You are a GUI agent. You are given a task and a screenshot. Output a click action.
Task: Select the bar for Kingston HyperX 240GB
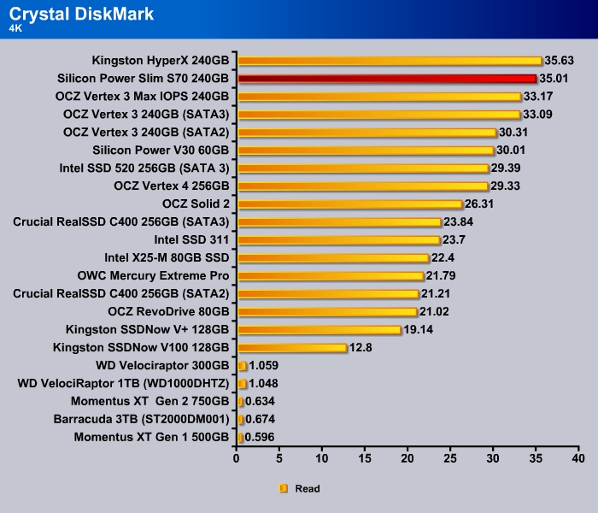click(x=390, y=61)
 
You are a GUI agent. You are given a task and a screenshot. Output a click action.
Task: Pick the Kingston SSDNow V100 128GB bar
click(x=292, y=348)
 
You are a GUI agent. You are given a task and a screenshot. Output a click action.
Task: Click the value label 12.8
click(x=361, y=348)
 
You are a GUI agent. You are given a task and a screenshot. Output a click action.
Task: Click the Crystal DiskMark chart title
click(x=81, y=14)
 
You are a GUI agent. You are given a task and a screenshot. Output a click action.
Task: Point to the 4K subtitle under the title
click(x=17, y=28)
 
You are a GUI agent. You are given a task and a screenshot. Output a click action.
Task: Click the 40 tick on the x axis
click(x=578, y=459)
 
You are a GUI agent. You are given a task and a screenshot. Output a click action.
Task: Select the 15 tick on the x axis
click(x=365, y=459)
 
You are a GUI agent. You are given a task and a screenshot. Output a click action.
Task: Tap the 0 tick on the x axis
click(x=237, y=459)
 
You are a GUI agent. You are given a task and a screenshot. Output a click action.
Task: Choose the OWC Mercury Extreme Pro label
click(x=154, y=276)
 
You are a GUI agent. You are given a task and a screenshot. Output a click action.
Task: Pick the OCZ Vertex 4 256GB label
click(x=172, y=186)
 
